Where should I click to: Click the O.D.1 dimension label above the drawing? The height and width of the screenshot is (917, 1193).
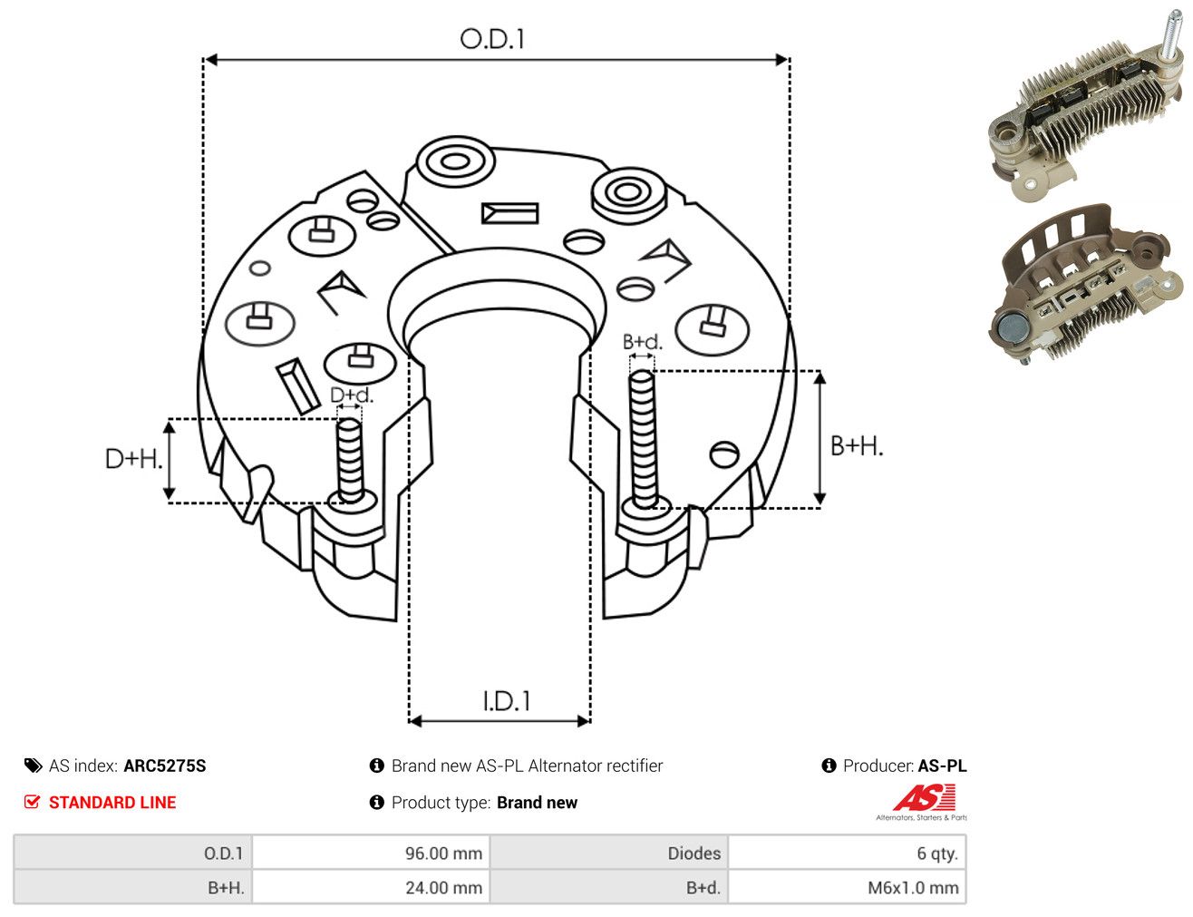492,39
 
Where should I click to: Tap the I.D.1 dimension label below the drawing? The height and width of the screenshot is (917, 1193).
506,701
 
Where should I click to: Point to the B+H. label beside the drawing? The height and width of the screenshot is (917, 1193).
856,446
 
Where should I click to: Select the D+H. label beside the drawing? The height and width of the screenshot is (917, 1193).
133,459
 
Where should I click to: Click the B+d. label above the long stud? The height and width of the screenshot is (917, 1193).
643,342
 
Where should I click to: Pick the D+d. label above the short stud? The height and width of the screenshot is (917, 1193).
352,395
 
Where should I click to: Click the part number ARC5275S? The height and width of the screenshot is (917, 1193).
165,766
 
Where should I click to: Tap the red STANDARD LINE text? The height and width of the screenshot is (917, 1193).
112,802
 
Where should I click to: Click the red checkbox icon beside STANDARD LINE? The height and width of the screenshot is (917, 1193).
32,802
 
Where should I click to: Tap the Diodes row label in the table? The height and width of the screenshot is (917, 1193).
693,854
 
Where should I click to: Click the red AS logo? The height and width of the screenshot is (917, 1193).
925,798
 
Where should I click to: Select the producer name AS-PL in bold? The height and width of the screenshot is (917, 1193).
942,766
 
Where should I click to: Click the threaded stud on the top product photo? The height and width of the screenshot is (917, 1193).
1170,34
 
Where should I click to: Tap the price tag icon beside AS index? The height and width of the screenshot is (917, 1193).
33,766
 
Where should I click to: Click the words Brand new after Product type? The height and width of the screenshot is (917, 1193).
537,802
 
